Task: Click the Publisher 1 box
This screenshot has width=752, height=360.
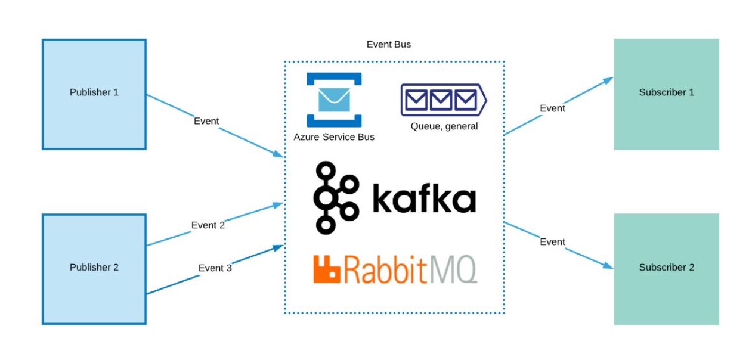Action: [94, 94]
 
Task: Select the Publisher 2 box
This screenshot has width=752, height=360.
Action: [94, 269]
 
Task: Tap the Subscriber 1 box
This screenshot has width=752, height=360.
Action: [666, 94]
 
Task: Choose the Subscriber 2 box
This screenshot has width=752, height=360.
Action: [666, 269]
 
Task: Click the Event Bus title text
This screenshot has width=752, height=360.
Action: [388, 45]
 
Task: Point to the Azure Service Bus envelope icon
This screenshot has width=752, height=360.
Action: [334, 100]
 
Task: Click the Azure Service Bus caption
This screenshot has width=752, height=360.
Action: [334, 137]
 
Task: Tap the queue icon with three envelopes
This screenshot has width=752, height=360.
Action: [444, 99]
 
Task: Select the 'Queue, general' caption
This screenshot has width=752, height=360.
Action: [444, 126]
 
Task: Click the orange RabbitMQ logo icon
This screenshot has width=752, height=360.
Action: [326, 269]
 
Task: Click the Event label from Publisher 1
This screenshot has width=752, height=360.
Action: [206, 121]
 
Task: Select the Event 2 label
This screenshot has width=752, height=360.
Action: [208, 225]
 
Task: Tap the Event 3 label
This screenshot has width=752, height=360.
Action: [215, 268]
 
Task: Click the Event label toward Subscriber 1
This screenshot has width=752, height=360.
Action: [552, 108]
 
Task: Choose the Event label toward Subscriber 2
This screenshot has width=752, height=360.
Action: [552, 242]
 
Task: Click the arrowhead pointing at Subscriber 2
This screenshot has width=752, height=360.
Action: [608, 266]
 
